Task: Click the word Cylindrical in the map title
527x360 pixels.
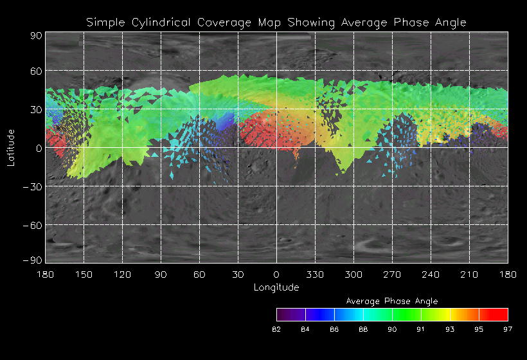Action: click(150, 22)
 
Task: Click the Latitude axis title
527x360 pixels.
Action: click(10, 147)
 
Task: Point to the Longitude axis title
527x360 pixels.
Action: click(276, 287)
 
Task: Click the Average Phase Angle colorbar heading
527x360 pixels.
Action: click(392, 301)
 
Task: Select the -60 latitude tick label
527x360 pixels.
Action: click(32, 225)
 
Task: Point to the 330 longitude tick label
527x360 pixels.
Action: click(315, 274)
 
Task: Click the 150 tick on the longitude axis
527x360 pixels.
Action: click(84, 274)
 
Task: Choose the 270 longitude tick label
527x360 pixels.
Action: click(392, 274)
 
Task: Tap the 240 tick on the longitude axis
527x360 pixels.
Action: click(431, 274)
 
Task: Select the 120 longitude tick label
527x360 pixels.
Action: click(122, 274)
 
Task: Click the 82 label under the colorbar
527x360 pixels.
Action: click(276, 329)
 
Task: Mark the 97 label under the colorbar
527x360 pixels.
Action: click(508, 329)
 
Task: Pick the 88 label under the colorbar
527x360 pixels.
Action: click(363, 329)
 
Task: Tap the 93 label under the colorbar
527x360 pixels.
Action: click(450, 329)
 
